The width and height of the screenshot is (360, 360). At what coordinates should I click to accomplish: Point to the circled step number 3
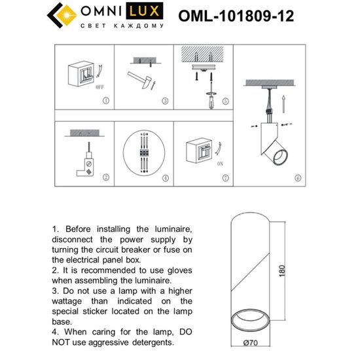point(166,101)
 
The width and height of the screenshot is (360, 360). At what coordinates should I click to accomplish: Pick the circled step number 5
point(225,101)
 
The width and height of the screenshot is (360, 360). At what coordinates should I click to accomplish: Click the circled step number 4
point(166,178)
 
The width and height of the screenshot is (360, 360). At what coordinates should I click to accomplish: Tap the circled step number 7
point(225,178)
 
